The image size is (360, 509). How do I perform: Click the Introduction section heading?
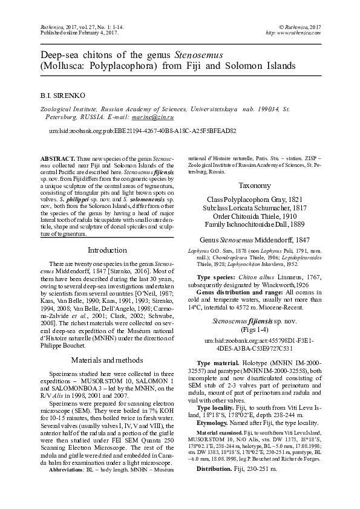[x=107, y=250]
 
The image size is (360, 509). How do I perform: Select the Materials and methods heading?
[x=107, y=359]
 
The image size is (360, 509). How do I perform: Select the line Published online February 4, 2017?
[x=62, y=33]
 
